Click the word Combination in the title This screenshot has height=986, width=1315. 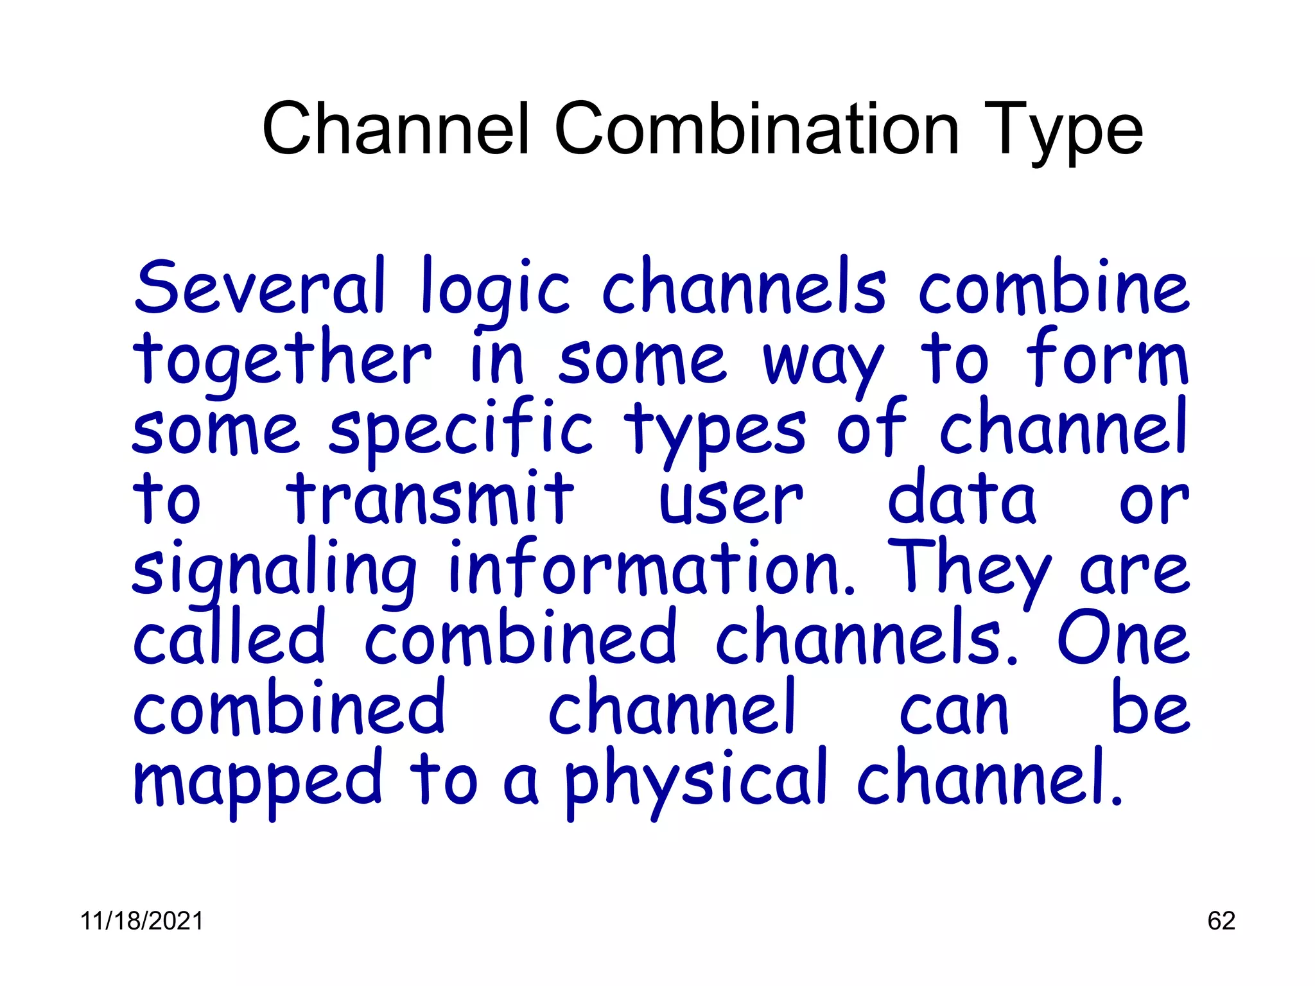click(756, 130)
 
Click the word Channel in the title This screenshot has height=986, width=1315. click(396, 130)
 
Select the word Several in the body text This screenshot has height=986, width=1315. click(260, 288)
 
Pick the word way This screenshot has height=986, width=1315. click(824, 363)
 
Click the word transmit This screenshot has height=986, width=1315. click(430, 499)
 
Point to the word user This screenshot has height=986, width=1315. click(731, 501)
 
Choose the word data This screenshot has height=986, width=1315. click(961, 499)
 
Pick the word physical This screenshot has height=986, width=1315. click(695, 780)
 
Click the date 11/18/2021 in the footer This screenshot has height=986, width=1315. click(142, 921)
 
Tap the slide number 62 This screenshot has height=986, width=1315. click(1221, 921)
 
